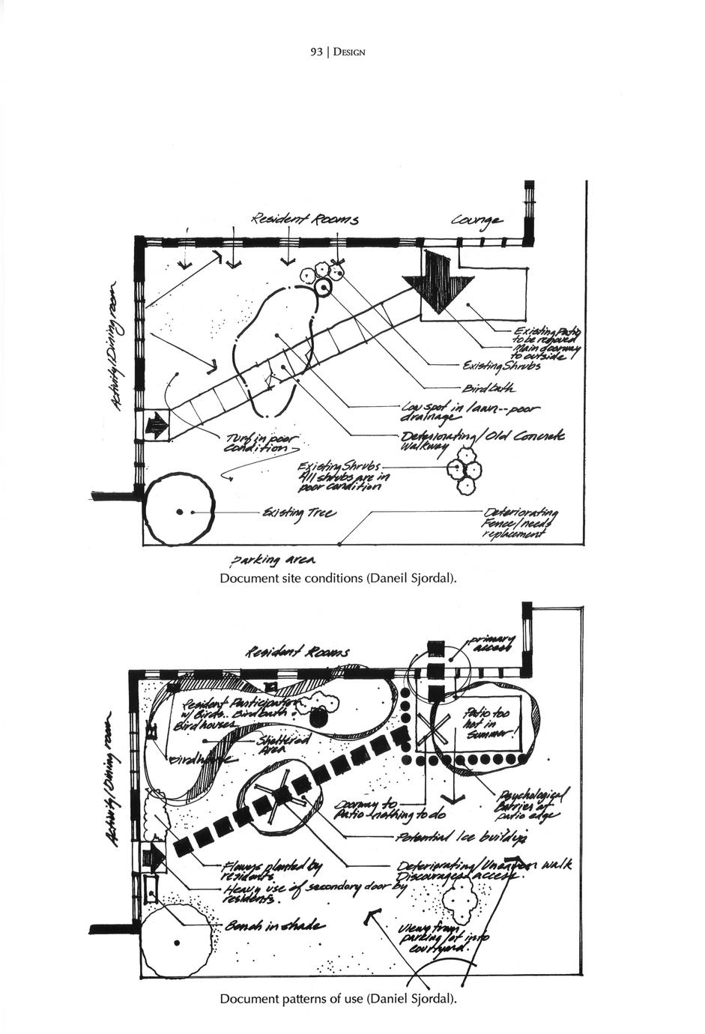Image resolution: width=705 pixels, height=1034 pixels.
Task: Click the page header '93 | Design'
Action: (x=337, y=52)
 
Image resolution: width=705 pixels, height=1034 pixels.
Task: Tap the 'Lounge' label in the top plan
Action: (x=477, y=220)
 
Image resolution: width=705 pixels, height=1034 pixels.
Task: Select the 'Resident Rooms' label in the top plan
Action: (x=305, y=220)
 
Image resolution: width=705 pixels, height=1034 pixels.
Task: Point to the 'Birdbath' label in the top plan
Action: (x=488, y=387)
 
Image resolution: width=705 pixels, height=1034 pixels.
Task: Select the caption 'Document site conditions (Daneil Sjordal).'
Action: (x=337, y=578)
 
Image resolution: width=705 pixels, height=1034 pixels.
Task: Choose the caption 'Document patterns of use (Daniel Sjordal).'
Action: (x=337, y=999)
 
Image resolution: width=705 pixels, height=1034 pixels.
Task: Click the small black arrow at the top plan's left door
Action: (x=157, y=427)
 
